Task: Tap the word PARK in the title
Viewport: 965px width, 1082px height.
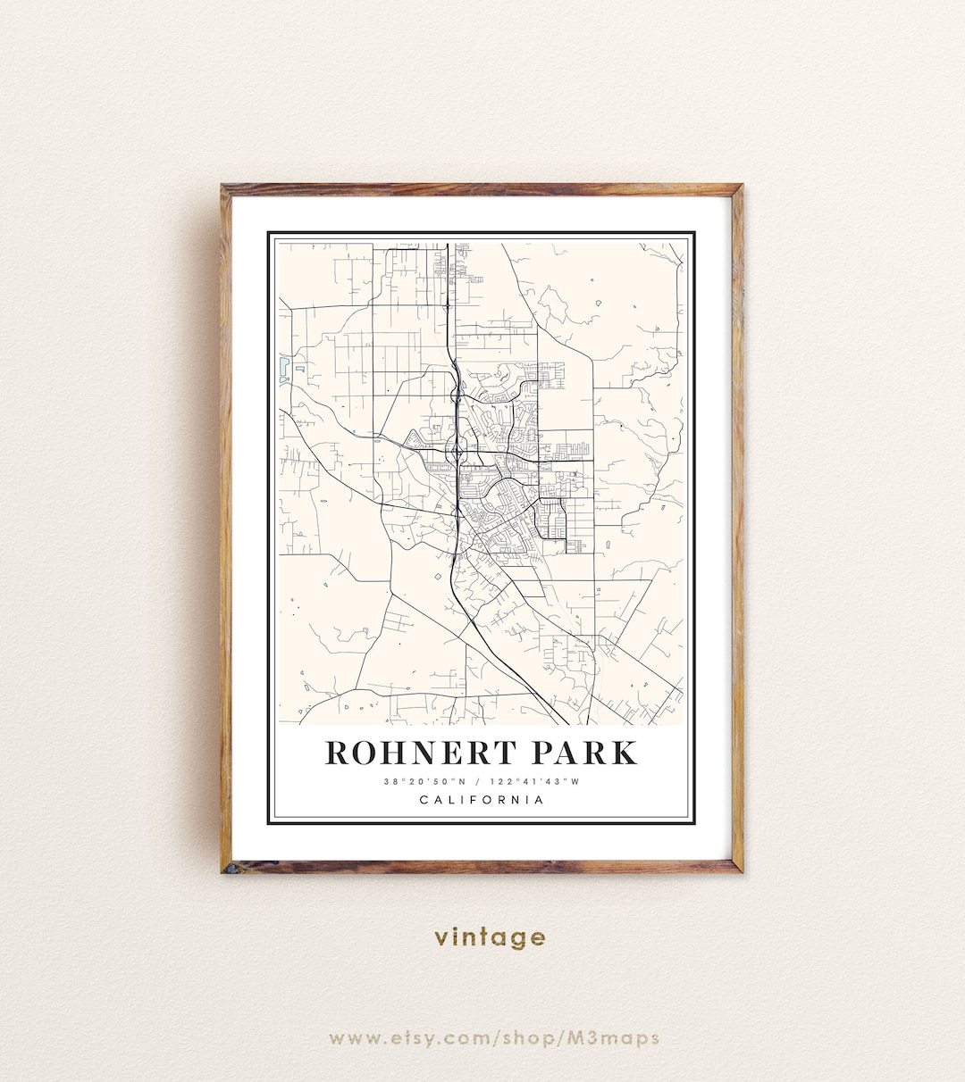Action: point(584,753)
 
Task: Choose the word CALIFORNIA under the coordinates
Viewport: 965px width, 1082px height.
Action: point(482,800)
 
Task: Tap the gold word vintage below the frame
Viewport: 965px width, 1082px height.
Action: point(490,936)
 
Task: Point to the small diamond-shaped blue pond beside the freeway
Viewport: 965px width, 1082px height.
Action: point(438,577)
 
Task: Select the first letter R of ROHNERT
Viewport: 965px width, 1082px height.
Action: point(337,753)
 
